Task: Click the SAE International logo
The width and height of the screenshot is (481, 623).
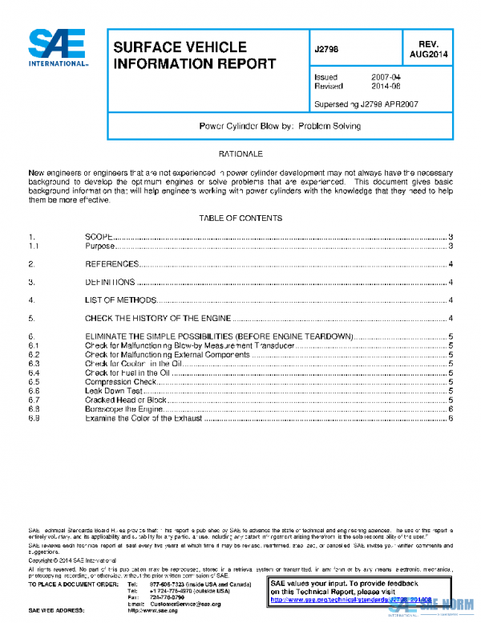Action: tap(59, 48)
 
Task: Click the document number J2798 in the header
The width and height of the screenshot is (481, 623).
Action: tap(327, 49)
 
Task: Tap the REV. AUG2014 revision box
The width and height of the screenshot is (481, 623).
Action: tap(428, 49)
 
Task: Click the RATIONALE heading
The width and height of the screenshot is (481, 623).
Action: tap(240, 153)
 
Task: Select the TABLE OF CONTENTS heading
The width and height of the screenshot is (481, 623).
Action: tap(240, 218)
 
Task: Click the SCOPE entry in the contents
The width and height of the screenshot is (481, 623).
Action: tap(99, 237)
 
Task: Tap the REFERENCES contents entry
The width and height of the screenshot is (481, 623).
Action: tap(111, 264)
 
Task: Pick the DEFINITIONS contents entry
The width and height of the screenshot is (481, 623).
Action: tap(110, 282)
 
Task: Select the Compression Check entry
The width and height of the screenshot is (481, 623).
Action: tap(120, 382)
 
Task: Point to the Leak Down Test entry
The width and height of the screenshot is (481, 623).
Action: tap(114, 391)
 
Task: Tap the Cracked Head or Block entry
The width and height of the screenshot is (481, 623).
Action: tap(126, 400)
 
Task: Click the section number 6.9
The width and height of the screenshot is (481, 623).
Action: tap(34, 418)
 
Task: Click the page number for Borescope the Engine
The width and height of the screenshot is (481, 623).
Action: tap(452, 409)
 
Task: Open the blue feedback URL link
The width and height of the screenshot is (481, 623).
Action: tap(353, 599)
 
